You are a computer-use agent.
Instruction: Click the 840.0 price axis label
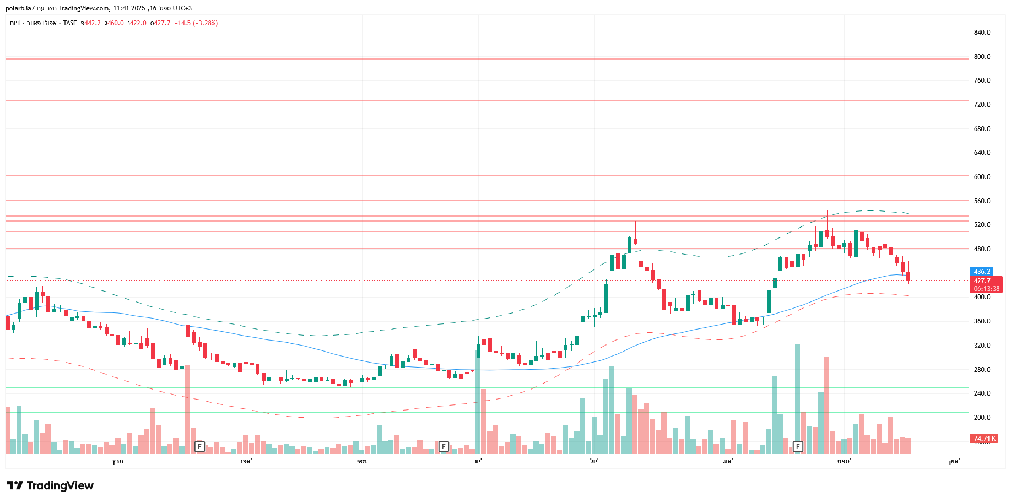pos(982,33)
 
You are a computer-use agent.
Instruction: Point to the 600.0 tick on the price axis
pos(982,177)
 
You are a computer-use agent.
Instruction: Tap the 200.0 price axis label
pos(982,418)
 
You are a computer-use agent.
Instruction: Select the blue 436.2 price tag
pos(982,272)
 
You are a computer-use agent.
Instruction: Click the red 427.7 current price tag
pos(982,281)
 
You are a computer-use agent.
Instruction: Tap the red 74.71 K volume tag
pos(984,439)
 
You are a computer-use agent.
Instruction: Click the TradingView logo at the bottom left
pos(50,485)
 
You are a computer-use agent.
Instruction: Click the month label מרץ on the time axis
pos(117,461)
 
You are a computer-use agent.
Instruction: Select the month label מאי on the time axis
pos(361,461)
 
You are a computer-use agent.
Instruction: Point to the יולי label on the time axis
pos(594,461)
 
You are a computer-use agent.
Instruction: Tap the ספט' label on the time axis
pos(844,461)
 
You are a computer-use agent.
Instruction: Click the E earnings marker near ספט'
pos(798,446)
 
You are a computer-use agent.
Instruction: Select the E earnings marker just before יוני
pos(444,446)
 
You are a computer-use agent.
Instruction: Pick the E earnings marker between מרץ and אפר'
pos(199,446)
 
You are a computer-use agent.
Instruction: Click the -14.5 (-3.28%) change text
pos(196,23)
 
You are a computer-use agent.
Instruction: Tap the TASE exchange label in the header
pos(70,23)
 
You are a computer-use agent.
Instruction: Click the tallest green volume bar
pos(797,397)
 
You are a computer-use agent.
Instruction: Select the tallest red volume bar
pos(826,402)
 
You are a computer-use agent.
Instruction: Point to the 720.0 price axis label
pos(982,105)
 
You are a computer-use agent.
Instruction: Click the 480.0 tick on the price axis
pos(982,249)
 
